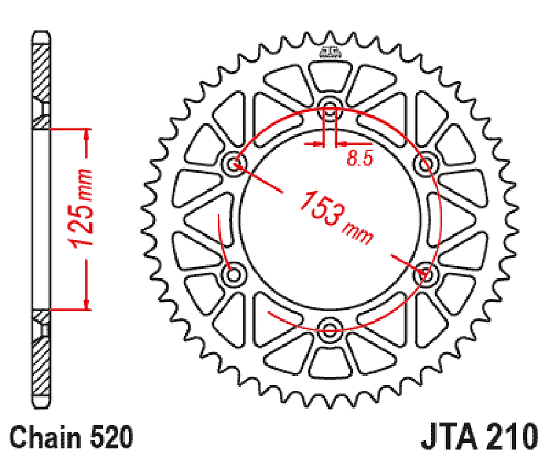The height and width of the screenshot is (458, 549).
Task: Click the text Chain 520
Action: [x=72, y=438]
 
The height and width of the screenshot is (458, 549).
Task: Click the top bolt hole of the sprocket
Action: [x=331, y=113]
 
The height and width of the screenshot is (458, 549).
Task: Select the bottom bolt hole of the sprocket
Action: [x=331, y=330]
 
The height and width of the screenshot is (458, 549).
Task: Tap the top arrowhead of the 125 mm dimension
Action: [x=87, y=135]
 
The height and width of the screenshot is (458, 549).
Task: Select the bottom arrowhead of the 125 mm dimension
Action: [x=87, y=304]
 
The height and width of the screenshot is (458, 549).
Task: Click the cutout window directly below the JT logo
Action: [x=331, y=76]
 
